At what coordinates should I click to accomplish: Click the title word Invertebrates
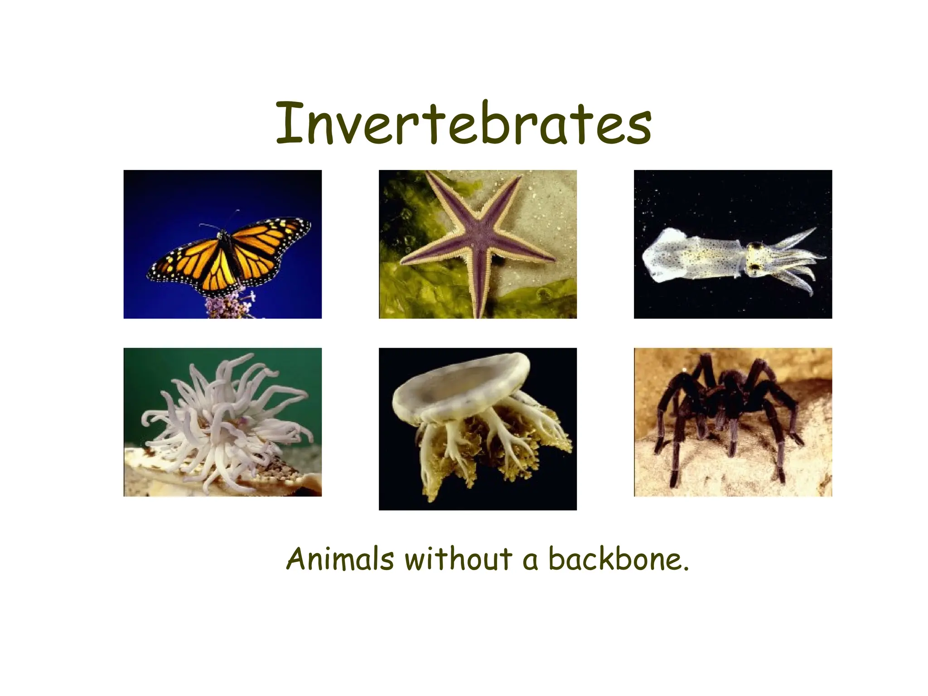click(x=463, y=123)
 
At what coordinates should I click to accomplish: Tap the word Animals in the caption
click(x=340, y=559)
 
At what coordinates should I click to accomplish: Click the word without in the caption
click(x=458, y=559)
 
